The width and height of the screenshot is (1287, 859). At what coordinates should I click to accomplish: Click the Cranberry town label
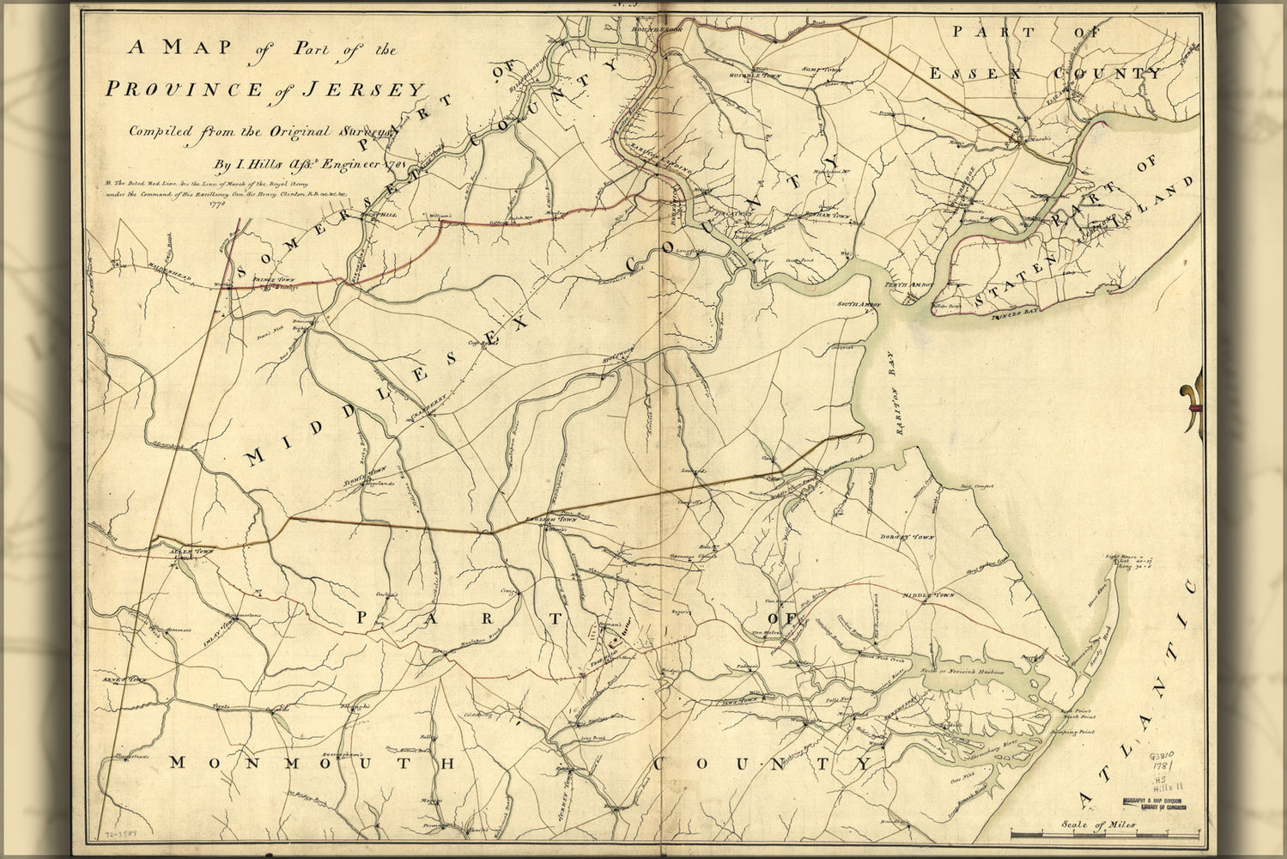coord(427,405)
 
